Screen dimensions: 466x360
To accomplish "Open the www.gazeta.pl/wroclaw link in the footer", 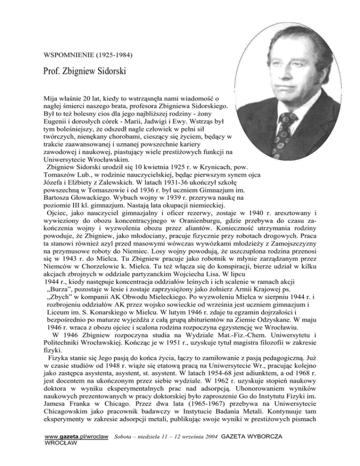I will (x=77, y=450).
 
